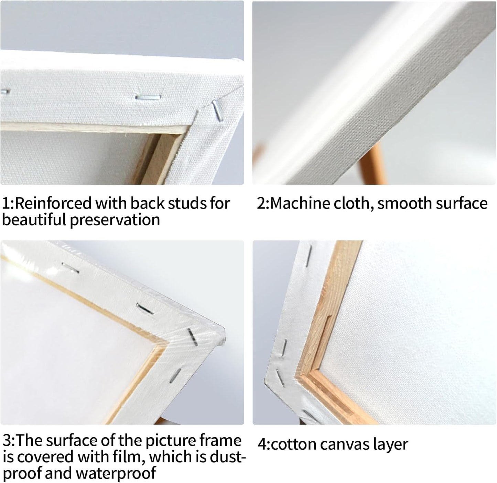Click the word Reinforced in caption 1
53,203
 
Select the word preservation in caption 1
115,220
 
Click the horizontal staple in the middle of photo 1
148,97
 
